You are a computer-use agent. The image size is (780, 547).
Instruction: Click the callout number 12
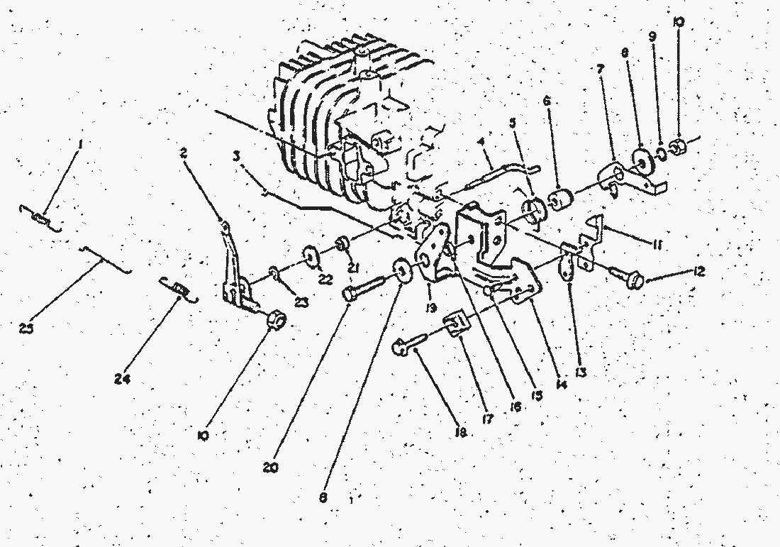point(696,272)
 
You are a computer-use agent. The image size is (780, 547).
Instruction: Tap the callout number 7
point(600,70)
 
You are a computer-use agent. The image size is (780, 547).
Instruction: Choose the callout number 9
point(652,35)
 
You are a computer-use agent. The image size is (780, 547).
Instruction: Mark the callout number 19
point(430,308)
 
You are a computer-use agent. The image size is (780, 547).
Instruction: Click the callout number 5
point(513,121)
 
